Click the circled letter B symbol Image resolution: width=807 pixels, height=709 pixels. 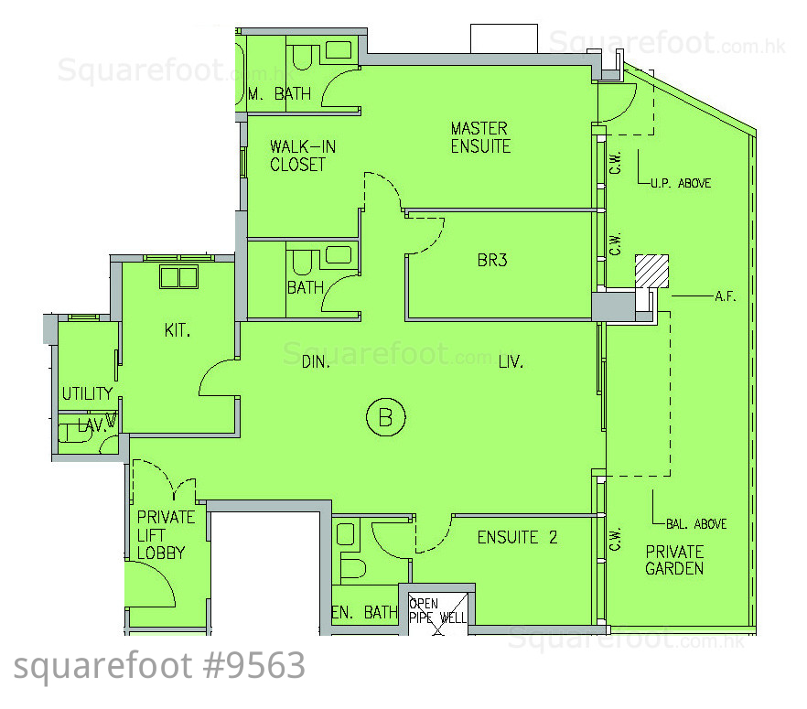pyautogui.click(x=385, y=417)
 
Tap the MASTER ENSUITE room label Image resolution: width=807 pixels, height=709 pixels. pyautogui.click(x=480, y=137)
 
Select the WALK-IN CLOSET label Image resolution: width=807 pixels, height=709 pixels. pyautogui.click(x=302, y=156)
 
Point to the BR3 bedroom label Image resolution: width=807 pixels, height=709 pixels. pyautogui.click(x=492, y=261)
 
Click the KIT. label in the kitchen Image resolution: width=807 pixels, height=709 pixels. pyautogui.click(x=178, y=330)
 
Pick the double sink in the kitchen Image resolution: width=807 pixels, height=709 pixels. pyautogui.click(x=178, y=277)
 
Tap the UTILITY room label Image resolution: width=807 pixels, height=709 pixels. pyautogui.click(x=87, y=393)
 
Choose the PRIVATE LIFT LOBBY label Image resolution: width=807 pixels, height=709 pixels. pyautogui.click(x=166, y=534)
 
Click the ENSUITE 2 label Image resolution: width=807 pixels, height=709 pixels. pyautogui.click(x=517, y=538)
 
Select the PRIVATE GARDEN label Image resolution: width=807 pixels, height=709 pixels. pyautogui.click(x=674, y=560)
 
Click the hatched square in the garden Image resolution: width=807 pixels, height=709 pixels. pyautogui.click(x=651, y=271)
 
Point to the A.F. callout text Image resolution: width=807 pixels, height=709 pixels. pyautogui.click(x=726, y=296)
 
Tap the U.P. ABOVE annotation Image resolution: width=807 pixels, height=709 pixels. pyautogui.click(x=681, y=183)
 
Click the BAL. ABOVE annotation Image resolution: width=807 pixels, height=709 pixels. pyautogui.click(x=696, y=524)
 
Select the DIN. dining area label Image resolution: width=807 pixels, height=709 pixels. pyautogui.click(x=316, y=362)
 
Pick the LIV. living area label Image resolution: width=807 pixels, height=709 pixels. pyautogui.click(x=511, y=362)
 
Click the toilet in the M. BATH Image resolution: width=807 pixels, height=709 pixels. pyautogui.click(x=303, y=57)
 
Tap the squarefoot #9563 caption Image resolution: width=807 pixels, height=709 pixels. pyautogui.click(x=159, y=666)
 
